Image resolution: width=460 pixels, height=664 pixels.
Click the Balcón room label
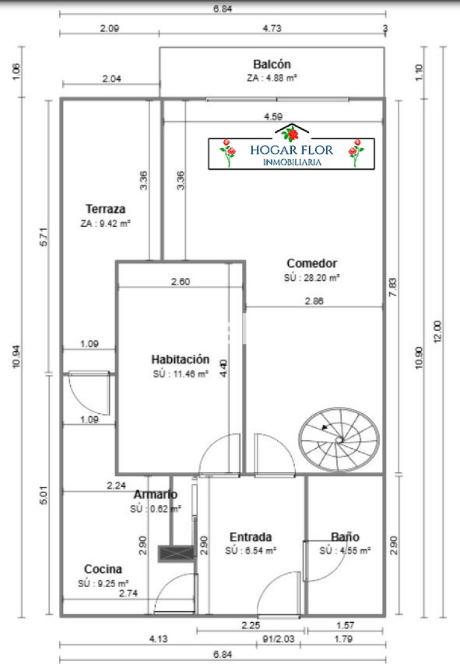tap(272, 65)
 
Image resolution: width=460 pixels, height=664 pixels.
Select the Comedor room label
tap(312, 263)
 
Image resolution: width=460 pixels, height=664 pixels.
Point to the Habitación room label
tap(180, 360)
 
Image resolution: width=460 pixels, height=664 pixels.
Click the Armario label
tap(156, 494)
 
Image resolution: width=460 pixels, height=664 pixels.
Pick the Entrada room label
tap(251, 537)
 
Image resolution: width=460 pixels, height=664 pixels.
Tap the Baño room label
tap(345, 537)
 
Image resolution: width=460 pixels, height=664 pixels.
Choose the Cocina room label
tap(103, 569)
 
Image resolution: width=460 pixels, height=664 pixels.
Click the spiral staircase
tap(338, 439)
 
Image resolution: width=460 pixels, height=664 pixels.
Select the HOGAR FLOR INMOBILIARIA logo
tap(291, 152)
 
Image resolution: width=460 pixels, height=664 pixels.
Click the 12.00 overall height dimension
tap(437, 333)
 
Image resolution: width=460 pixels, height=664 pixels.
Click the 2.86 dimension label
tap(314, 301)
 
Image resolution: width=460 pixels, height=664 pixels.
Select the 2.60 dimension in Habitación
tap(180, 282)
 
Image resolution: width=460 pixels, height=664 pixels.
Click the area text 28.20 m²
tap(312, 278)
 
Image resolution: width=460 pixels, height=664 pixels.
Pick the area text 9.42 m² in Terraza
tap(106, 223)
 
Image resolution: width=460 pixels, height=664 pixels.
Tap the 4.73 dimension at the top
tap(272, 27)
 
